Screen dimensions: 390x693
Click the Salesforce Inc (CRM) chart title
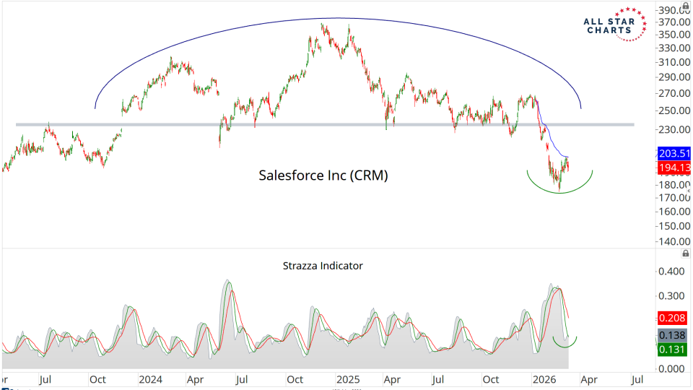[x=323, y=175]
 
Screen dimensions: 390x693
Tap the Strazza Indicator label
[x=323, y=266]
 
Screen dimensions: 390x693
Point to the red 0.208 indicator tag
[x=672, y=318]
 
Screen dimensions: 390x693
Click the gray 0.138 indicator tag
[x=672, y=336]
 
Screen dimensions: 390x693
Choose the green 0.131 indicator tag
[x=672, y=350]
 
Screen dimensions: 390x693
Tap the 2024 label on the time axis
[x=150, y=379]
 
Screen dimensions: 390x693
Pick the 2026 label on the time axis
[x=541, y=379]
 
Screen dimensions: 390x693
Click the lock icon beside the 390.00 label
[x=684, y=6]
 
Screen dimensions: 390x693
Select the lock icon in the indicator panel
[x=684, y=253]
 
